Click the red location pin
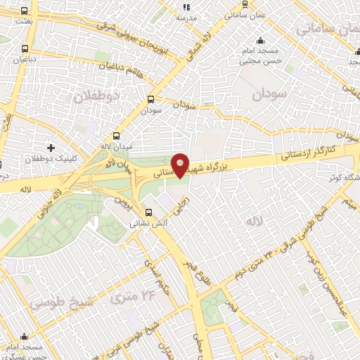point(181,165)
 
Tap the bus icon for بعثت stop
point(25,11)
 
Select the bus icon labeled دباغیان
point(25,49)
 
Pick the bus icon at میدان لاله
point(116,136)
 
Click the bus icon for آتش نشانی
point(148,212)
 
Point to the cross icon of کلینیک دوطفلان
point(51,148)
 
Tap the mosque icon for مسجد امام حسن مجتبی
point(261,40)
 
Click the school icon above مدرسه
point(186,6)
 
